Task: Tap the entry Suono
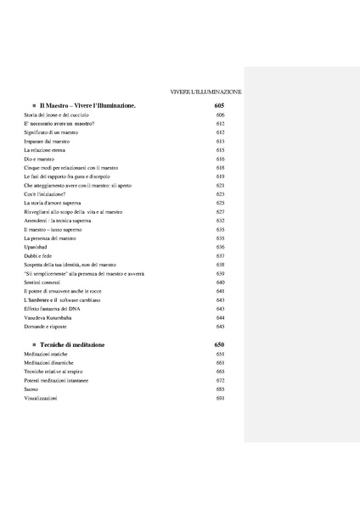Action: pyautogui.click(x=32, y=389)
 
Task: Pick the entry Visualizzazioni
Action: pyautogui.click(x=41, y=399)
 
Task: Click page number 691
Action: pyautogui.click(x=220, y=399)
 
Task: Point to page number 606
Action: pyautogui.click(x=220, y=114)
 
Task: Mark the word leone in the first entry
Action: pyautogui.click(x=56, y=114)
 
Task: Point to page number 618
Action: pyautogui.click(x=220, y=167)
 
